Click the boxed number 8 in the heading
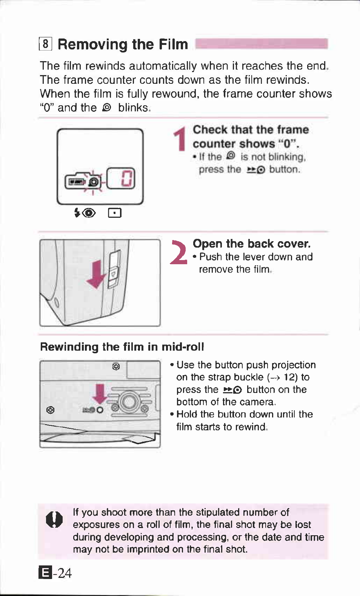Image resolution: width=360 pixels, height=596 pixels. point(45,44)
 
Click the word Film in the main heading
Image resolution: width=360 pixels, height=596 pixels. point(173,44)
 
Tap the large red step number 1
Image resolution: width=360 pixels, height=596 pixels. point(181,139)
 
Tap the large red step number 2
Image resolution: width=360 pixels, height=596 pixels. point(178,253)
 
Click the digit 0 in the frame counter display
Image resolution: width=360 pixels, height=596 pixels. point(127,179)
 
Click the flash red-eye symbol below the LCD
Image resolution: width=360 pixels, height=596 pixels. point(85,213)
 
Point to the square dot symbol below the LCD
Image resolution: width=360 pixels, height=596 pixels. point(114,213)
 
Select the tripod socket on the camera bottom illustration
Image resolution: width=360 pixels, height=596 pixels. point(129,402)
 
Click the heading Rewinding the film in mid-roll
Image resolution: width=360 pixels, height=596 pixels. point(122,347)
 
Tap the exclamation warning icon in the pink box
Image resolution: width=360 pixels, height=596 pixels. point(55,519)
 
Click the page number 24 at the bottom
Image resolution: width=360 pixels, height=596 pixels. point(65,573)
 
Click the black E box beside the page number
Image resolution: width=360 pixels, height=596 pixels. point(45,573)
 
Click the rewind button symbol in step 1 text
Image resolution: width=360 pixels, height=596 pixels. point(256,170)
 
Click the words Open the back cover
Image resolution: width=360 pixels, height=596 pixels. point(251,244)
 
